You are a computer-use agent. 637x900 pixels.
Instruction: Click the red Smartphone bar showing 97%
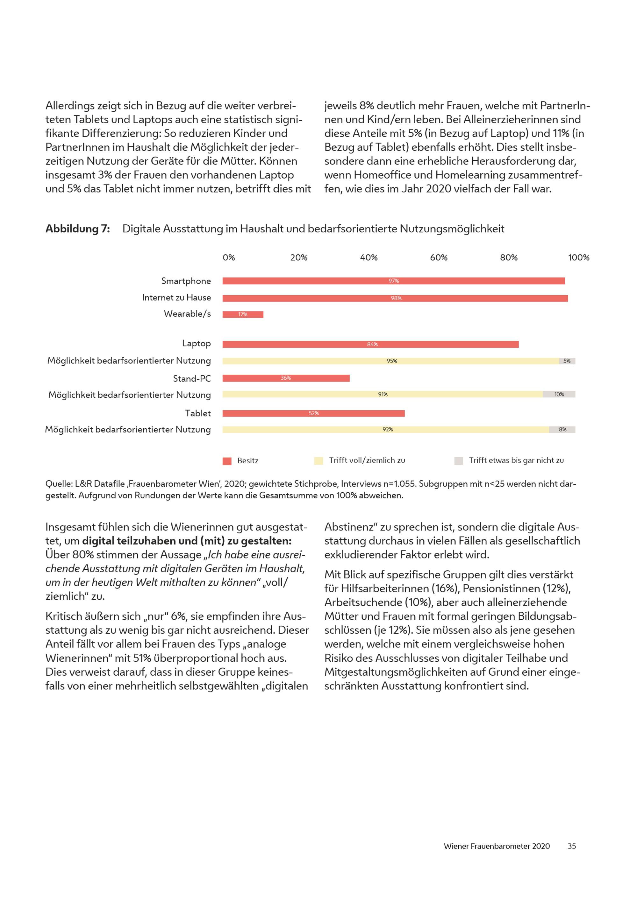(393, 281)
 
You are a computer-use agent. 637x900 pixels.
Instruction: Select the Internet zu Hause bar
(395, 298)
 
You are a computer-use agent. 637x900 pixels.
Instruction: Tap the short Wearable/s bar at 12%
(243, 314)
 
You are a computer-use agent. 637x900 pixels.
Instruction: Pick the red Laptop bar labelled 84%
(370, 344)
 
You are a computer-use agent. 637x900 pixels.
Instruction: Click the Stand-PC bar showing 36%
(286, 378)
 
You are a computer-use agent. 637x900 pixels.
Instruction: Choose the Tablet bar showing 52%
(313, 413)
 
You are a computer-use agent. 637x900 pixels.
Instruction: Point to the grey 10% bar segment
(559, 394)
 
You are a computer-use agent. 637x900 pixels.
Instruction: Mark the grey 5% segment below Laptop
(567, 361)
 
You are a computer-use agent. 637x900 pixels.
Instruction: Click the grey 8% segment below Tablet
(562, 430)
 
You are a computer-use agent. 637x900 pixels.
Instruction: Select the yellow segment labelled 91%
(383, 394)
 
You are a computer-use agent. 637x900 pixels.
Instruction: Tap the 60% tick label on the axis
(439, 257)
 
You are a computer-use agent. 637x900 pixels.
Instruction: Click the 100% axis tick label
(579, 257)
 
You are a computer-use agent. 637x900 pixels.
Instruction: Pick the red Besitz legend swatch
(227, 461)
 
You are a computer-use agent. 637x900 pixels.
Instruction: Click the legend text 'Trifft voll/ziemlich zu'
(367, 461)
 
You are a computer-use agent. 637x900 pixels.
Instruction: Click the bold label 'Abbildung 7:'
(78, 229)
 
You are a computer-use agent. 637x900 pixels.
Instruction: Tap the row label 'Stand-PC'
(192, 378)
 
